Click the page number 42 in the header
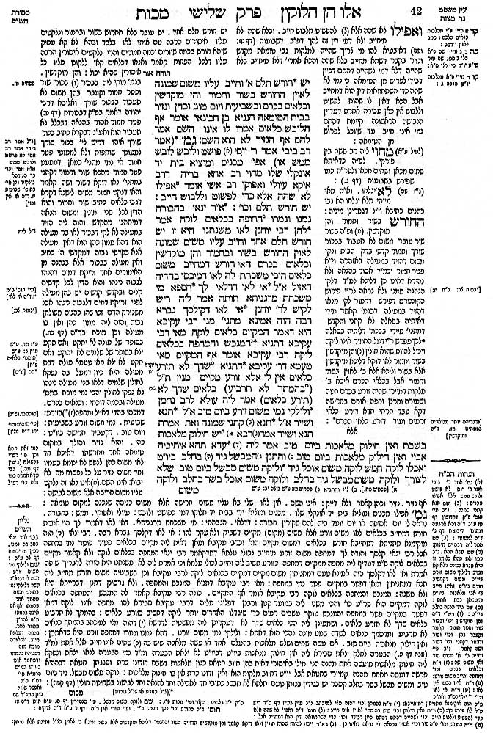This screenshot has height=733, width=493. coord(456,10)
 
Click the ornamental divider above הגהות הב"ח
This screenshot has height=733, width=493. coord(466,448)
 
